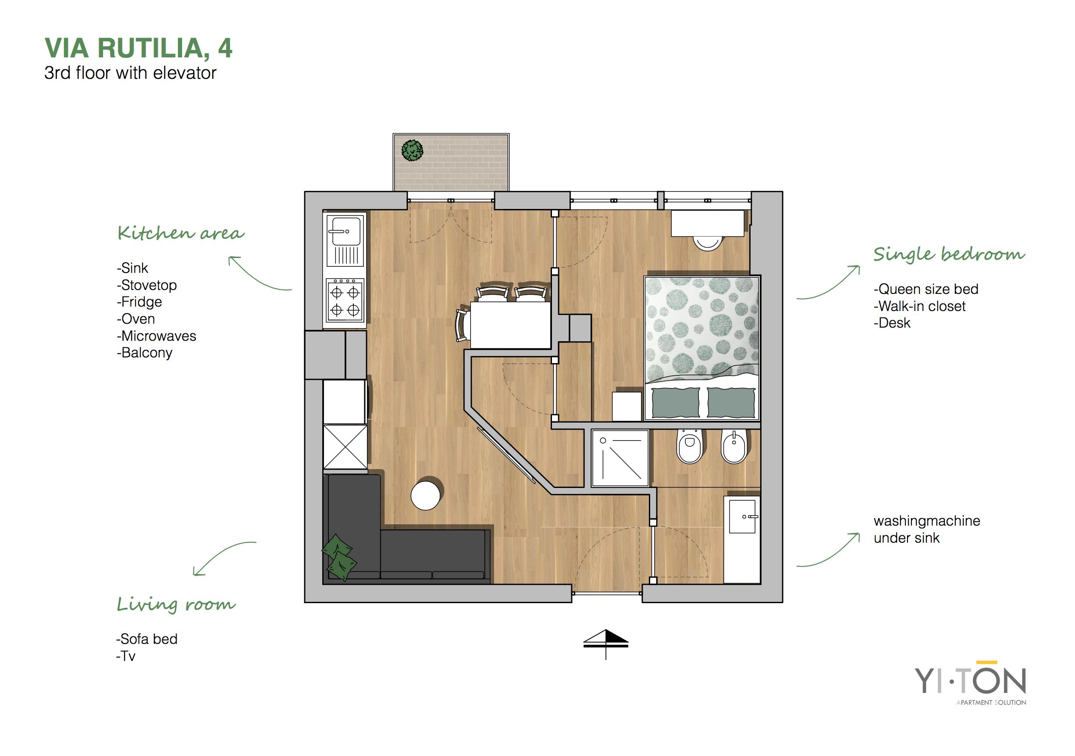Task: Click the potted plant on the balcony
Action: point(413,151)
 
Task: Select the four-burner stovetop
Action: point(345,300)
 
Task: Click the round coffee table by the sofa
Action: point(426,493)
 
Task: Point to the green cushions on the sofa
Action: point(339,557)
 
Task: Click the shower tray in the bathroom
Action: point(620,458)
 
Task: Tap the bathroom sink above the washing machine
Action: point(743,516)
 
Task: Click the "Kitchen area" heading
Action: point(181,233)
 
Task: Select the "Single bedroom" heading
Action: point(949,254)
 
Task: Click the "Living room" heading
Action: point(176,604)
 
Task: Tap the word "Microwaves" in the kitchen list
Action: point(159,336)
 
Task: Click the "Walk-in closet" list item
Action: point(919,306)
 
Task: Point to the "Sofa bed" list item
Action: point(147,639)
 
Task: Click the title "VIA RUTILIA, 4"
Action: point(139,48)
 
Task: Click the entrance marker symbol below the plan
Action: point(606,644)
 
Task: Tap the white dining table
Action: point(510,325)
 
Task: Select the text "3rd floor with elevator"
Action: point(130,73)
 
